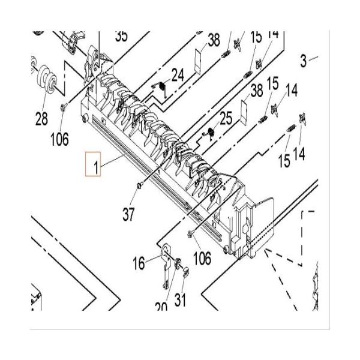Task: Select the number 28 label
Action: coord(41,119)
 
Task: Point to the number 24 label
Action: coord(178,75)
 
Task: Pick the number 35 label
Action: coord(121,36)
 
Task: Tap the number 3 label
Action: coord(304,60)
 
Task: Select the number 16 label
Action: coord(139,262)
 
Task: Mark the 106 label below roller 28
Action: coord(59,140)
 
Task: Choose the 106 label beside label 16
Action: coord(202,258)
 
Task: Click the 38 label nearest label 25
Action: coord(257,91)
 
